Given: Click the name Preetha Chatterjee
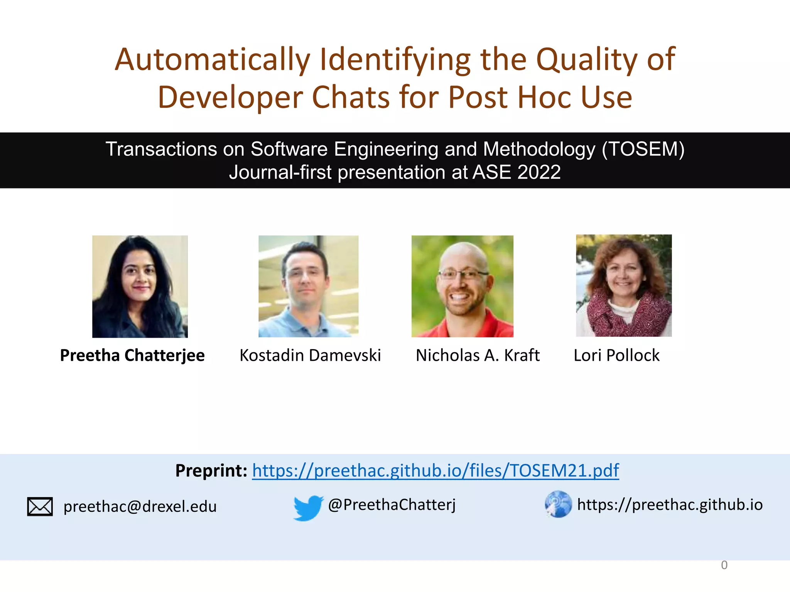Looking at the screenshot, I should pos(132,355).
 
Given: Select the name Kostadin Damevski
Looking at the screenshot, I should pos(310,355).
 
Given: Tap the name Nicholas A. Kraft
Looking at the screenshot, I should pos(478,355).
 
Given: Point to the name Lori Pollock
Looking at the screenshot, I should pos(616,355).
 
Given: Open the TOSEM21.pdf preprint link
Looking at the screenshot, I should pos(435,471).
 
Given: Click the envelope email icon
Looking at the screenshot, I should pos(40,506).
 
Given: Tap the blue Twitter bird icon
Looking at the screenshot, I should pos(308,508).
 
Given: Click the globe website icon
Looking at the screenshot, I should pos(558,504).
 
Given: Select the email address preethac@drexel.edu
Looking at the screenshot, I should pos(140,506).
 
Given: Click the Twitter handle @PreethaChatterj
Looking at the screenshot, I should pos(392,505).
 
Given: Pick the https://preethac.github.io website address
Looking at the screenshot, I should pos(670,505).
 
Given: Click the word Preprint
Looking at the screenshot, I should pos(211,471).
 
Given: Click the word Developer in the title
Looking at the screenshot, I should pos(230,98).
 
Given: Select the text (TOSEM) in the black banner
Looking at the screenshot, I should pos(643,149).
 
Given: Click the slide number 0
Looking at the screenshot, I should pos(724,565).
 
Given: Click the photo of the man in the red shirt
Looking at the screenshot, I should pos(462,286).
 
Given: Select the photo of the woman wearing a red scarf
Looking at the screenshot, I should pos(624,285).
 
